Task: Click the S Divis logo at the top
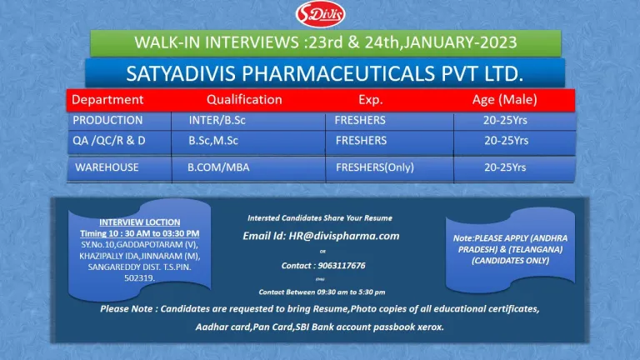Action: pos(320,14)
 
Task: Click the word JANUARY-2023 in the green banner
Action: pos(460,42)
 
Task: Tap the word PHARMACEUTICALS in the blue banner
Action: pos(338,74)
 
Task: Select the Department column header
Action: pos(107,100)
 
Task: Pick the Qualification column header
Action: pos(244,100)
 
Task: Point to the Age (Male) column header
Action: pos(504,100)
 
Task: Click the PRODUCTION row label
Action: pos(107,120)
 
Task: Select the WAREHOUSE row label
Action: pos(107,167)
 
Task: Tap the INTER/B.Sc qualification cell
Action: pos(217,120)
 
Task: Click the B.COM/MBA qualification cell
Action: pos(218,167)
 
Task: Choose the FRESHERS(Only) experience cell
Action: pos(375,167)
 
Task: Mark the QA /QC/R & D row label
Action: pos(109,141)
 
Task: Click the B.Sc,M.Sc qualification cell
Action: pos(213,141)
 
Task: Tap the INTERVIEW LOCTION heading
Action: pos(140,222)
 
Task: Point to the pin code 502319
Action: pos(140,278)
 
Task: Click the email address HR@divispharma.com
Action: pos(343,236)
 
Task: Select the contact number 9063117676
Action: pos(342,266)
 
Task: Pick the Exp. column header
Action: pos(371,100)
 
